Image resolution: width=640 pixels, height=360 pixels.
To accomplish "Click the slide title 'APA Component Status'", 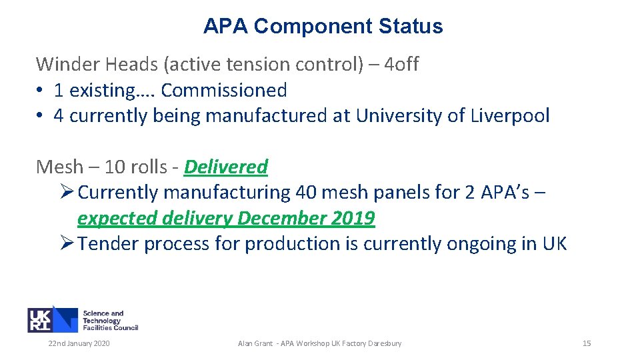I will pos(323,27).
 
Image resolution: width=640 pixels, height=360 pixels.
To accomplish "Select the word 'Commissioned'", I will pos(224,90).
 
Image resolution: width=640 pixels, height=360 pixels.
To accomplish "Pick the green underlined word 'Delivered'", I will pos(226,167).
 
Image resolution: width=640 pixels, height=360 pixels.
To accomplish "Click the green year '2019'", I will pos(356,219).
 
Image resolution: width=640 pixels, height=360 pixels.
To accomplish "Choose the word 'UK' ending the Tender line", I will pos(554,244).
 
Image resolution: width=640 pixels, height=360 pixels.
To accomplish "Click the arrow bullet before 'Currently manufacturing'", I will pos(67,193).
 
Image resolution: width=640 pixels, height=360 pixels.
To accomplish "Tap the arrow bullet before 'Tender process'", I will pos(67,244).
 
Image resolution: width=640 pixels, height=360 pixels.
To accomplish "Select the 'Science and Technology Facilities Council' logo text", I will pos(110,320).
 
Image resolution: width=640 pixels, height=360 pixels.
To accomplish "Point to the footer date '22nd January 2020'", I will pos(79,343).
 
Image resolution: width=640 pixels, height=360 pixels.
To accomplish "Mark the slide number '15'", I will pos(587,343).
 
